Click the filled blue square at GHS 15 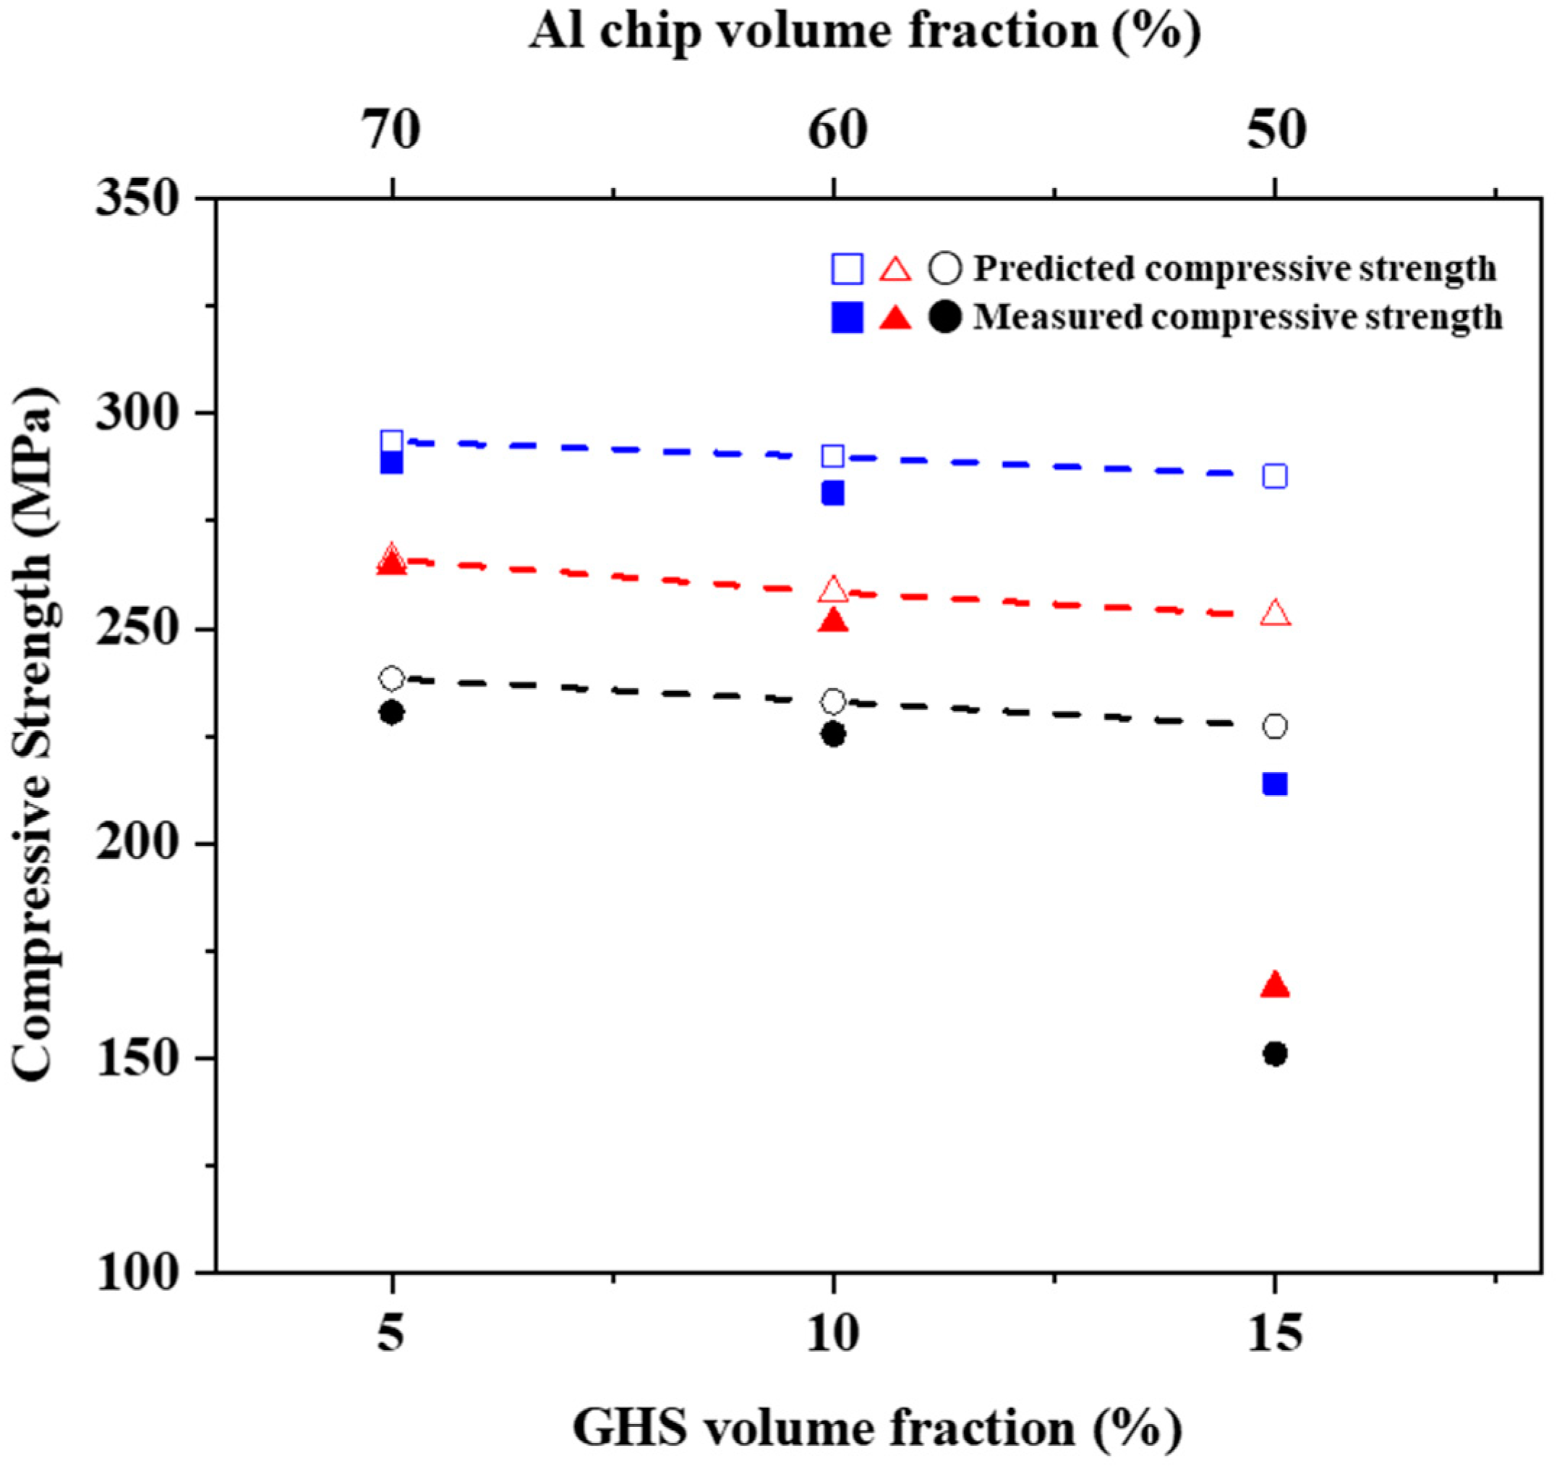(1275, 784)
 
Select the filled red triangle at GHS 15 (1275, 986)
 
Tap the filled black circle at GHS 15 (1275, 1054)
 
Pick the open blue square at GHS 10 (833, 456)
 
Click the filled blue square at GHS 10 (833, 493)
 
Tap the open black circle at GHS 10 (833, 701)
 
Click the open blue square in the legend (847, 268)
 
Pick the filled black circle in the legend (945, 318)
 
